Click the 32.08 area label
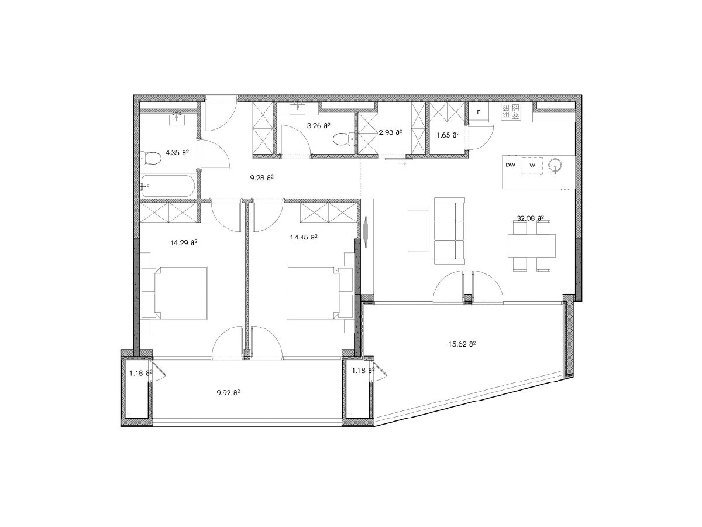point(531,218)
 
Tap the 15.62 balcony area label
point(462,344)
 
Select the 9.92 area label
point(228,392)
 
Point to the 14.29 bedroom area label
point(184,243)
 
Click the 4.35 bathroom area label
point(177,153)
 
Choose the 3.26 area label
point(319,126)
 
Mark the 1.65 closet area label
point(448,135)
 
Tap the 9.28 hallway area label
point(261,177)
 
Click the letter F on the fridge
point(479,112)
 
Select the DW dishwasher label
point(511,165)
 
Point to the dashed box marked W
point(532,166)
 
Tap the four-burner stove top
point(511,112)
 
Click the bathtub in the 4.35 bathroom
point(167,186)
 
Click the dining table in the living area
point(532,246)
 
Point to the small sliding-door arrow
point(402,163)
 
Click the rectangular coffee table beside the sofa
point(418,231)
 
